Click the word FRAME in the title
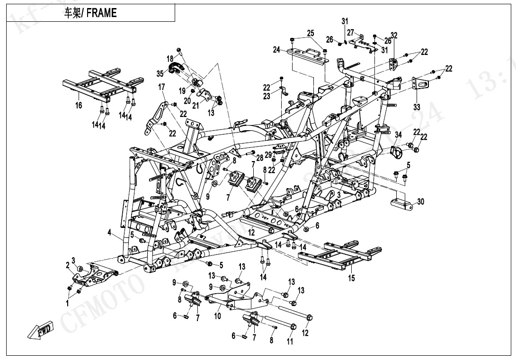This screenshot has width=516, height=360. [101, 13]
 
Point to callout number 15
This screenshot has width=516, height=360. [351, 278]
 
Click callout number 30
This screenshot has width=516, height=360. [420, 202]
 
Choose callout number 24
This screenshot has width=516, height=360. [277, 49]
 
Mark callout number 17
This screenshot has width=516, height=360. [161, 87]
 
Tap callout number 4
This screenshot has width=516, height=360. [109, 233]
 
